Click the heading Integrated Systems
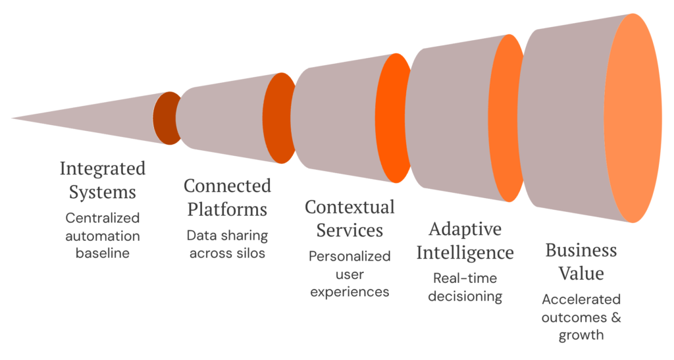103,180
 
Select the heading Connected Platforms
227,197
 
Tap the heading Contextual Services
350,219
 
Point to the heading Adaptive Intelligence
465,240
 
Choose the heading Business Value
581,261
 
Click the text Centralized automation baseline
103,235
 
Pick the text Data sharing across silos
227,244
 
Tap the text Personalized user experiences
350,273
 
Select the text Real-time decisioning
465,287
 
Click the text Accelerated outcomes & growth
581,317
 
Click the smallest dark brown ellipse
165,119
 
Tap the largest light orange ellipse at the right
633,119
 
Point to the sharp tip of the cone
13,118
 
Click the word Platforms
227,210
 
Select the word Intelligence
465,252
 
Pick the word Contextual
350,207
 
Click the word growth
581,335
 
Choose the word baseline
103,253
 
